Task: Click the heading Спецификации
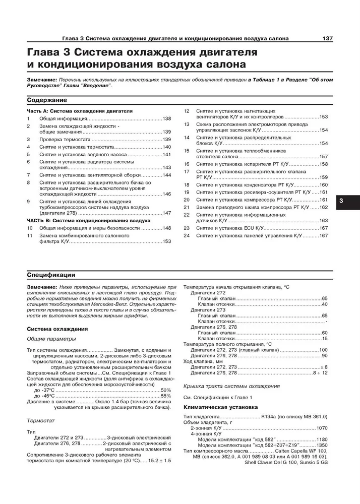[x=51, y=275]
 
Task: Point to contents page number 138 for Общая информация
[x=167, y=118]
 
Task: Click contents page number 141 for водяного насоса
[x=167, y=154]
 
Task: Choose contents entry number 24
[x=186, y=235]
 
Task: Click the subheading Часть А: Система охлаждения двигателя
[x=79, y=110]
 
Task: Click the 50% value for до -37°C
[x=166, y=390]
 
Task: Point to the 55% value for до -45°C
[x=166, y=396]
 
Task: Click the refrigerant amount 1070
[x=322, y=427]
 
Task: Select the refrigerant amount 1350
[x=322, y=446]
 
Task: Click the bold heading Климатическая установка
[x=221, y=406]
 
